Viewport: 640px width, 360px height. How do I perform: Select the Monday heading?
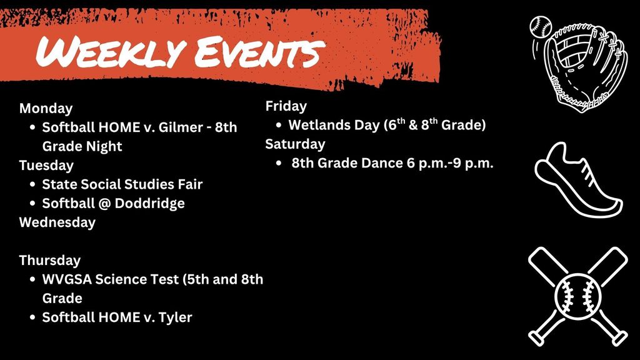pyautogui.click(x=46, y=108)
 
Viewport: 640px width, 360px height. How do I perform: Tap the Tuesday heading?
pyautogui.click(x=46, y=165)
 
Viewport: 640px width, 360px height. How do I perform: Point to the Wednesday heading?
pyautogui.click(x=57, y=222)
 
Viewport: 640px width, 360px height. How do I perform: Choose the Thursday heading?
pyautogui.click(x=49, y=260)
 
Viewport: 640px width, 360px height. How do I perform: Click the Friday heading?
pyautogui.click(x=286, y=106)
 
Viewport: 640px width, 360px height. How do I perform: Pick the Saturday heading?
pyautogui.click(x=295, y=144)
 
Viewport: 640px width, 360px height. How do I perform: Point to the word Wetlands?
pyautogui.click(x=319, y=125)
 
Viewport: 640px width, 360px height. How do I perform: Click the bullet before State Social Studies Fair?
pyautogui.click(x=32, y=184)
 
